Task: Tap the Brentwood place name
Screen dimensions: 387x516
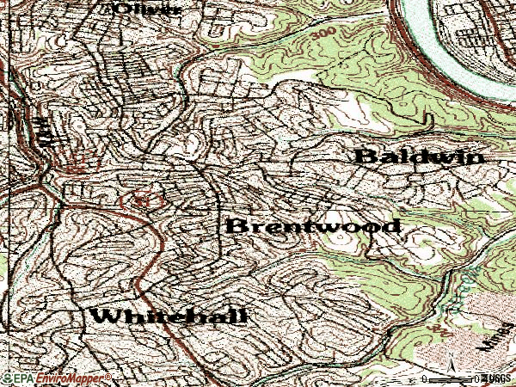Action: click(313, 226)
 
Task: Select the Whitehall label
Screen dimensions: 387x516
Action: click(169, 316)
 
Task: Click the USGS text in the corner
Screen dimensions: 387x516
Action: click(498, 378)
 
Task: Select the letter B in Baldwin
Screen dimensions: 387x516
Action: click(365, 157)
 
